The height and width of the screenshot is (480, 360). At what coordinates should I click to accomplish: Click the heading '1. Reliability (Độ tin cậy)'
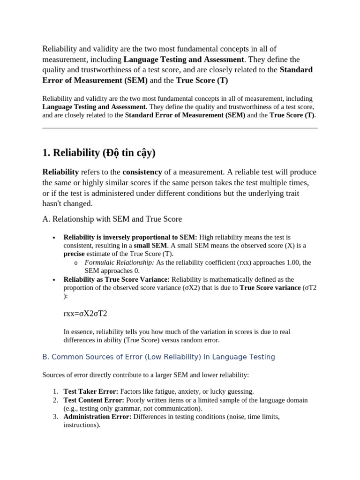[98, 153]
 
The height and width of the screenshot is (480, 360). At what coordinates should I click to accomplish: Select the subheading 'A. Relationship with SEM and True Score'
[112, 219]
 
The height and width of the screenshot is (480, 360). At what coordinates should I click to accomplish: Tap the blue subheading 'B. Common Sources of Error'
[158, 357]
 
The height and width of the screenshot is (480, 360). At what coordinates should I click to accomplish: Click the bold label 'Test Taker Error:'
[91, 391]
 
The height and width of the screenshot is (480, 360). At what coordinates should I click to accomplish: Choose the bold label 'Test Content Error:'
[94, 400]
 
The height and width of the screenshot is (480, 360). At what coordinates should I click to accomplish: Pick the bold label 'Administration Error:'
[97, 417]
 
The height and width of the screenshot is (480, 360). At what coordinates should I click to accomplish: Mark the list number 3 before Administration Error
[55, 417]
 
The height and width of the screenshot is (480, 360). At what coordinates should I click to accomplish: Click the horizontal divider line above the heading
[180, 128]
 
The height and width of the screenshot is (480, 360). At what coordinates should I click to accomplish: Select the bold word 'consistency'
[142, 172]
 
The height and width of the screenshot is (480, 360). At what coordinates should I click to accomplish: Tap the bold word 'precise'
[74, 254]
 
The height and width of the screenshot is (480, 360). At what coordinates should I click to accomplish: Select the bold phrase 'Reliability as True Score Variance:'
[117, 279]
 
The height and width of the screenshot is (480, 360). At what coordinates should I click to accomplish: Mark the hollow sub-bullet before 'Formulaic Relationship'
[76, 263]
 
